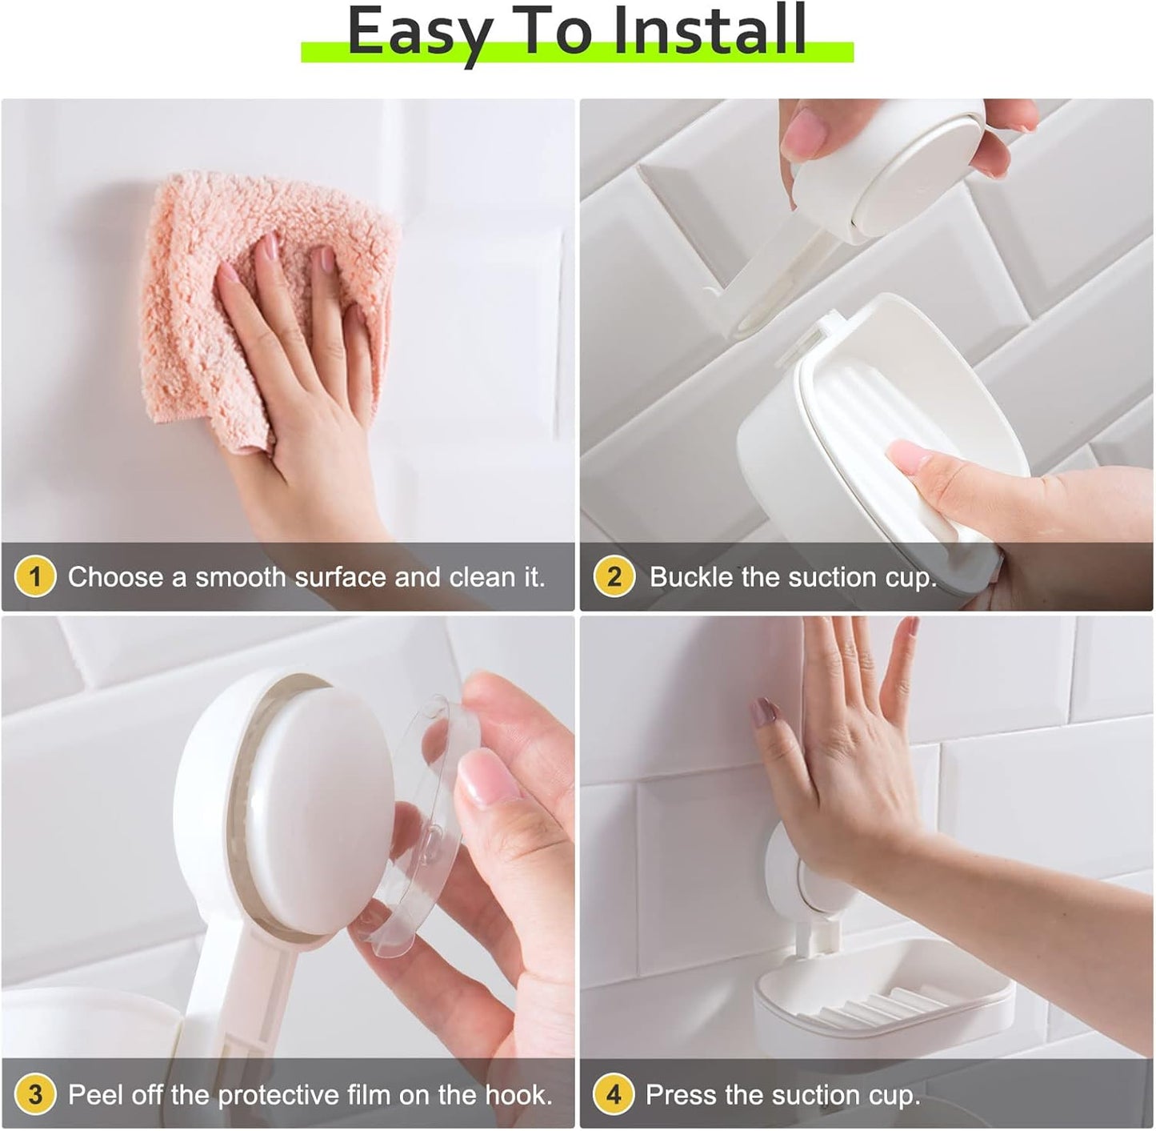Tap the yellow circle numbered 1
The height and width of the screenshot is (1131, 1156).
click(35, 576)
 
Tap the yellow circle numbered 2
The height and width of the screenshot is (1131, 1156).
click(614, 576)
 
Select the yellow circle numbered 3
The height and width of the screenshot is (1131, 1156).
click(35, 1094)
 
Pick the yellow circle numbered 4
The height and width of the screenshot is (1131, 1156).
click(614, 1094)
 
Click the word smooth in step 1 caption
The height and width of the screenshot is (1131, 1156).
click(240, 577)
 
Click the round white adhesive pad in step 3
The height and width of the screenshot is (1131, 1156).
click(320, 808)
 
